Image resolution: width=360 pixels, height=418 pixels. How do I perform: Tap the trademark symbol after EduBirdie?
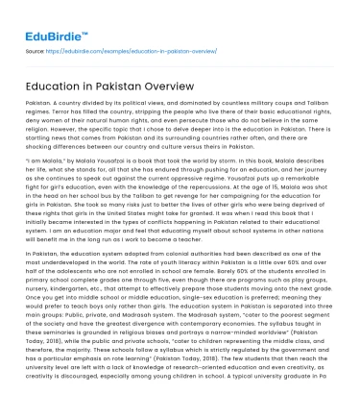[x=76, y=12]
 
